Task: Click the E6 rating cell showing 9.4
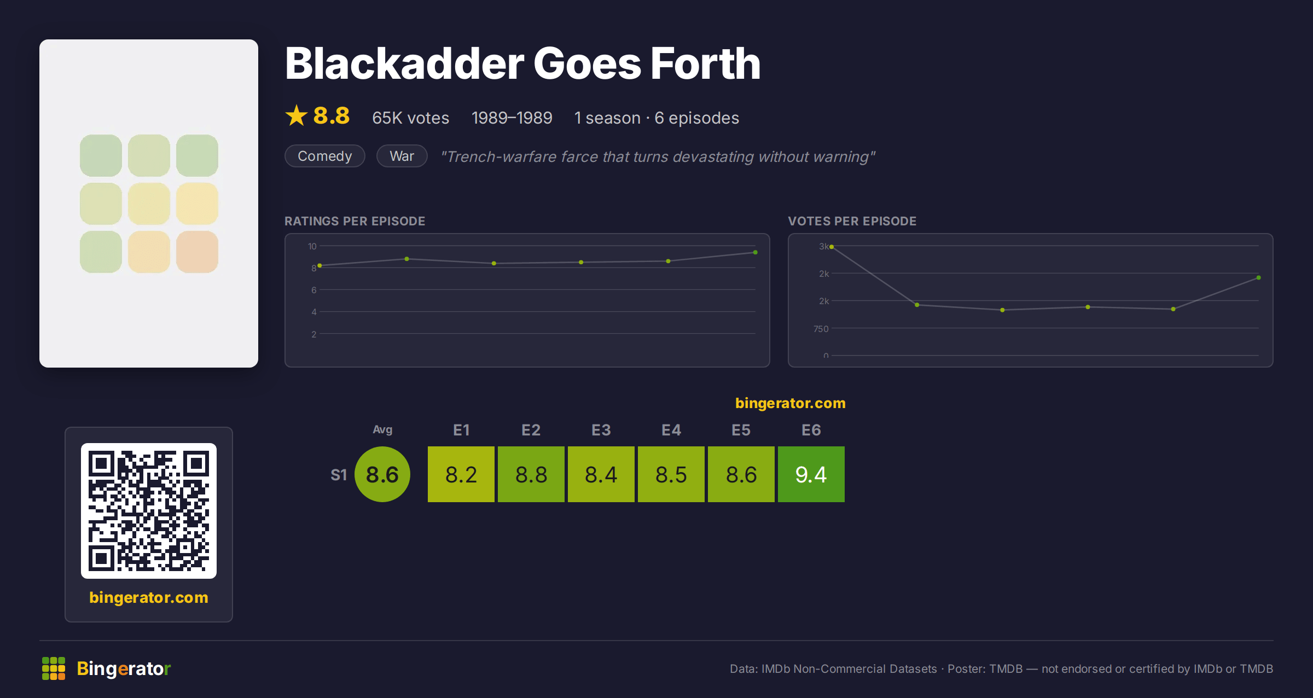[811, 474]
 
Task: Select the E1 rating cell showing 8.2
[461, 474]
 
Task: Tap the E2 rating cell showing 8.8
[531, 474]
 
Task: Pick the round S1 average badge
[382, 474]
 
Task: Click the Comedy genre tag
[325, 156]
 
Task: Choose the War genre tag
[402, 156]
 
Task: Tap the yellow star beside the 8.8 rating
[297, 115]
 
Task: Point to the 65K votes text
[410, 118]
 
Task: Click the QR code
[149, 510]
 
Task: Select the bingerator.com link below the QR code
[149, 597]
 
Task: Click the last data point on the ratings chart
[756, 252]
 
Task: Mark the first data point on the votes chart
[832, 247]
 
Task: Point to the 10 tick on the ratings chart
[312, 246]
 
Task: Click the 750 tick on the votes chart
[821, 329]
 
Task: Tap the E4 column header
[671, 430]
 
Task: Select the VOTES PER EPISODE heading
[852, 221]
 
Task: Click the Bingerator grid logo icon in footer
[54, 668]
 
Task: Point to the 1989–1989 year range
[512, 118]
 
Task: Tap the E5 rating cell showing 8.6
[741, 474]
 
